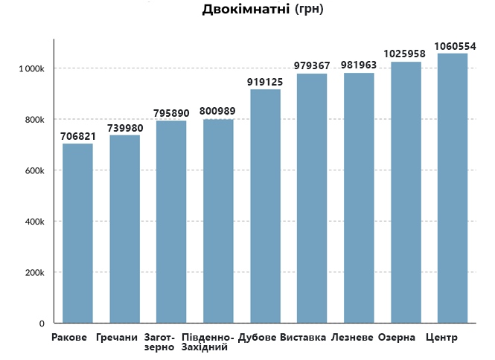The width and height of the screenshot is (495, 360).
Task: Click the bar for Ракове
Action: tap(77, 234)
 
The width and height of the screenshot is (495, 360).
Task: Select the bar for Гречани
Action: tap(124, 229)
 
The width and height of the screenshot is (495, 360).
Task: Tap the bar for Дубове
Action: tap(265, 206)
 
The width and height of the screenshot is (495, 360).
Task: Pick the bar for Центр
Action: tap(452, 188)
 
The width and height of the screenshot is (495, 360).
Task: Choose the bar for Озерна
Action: tap(406, 193)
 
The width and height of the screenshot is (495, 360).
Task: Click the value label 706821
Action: tap(77, 136)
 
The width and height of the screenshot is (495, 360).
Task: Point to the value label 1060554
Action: tap(455, 46)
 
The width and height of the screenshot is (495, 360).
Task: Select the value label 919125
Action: tap(265, 82)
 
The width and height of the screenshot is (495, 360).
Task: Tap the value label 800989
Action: tap(217, 112)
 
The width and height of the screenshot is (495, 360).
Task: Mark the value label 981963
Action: tap(359, 65)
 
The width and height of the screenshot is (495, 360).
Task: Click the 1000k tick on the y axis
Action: tap(31, 69)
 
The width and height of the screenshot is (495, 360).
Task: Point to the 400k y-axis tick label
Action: tap(33, 222)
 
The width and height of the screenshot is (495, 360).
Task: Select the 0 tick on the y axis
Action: tap(42, 324)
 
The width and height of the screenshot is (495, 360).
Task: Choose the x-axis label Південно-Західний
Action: tap(208, 343)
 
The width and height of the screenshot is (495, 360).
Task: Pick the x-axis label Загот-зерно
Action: tap(159, 343)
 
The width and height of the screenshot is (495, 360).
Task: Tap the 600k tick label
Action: tap(33, 171)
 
